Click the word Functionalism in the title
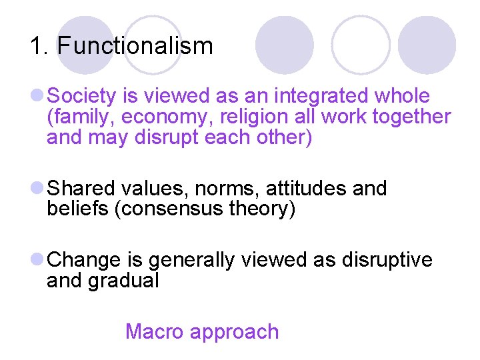click(135, 46)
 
